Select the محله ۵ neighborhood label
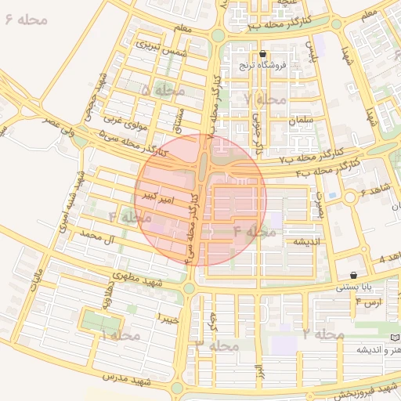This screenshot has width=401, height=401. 164,91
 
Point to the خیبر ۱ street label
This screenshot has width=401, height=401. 168,319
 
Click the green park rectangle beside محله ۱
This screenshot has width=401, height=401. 103,321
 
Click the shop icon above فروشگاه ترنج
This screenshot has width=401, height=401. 262,55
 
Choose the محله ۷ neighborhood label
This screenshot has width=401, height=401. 266,99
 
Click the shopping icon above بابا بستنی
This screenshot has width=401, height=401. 356,276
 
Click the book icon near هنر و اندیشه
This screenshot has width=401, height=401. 395,336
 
